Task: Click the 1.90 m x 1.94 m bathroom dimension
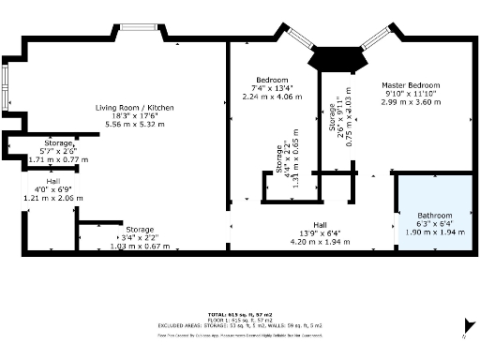tap(435, 231)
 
